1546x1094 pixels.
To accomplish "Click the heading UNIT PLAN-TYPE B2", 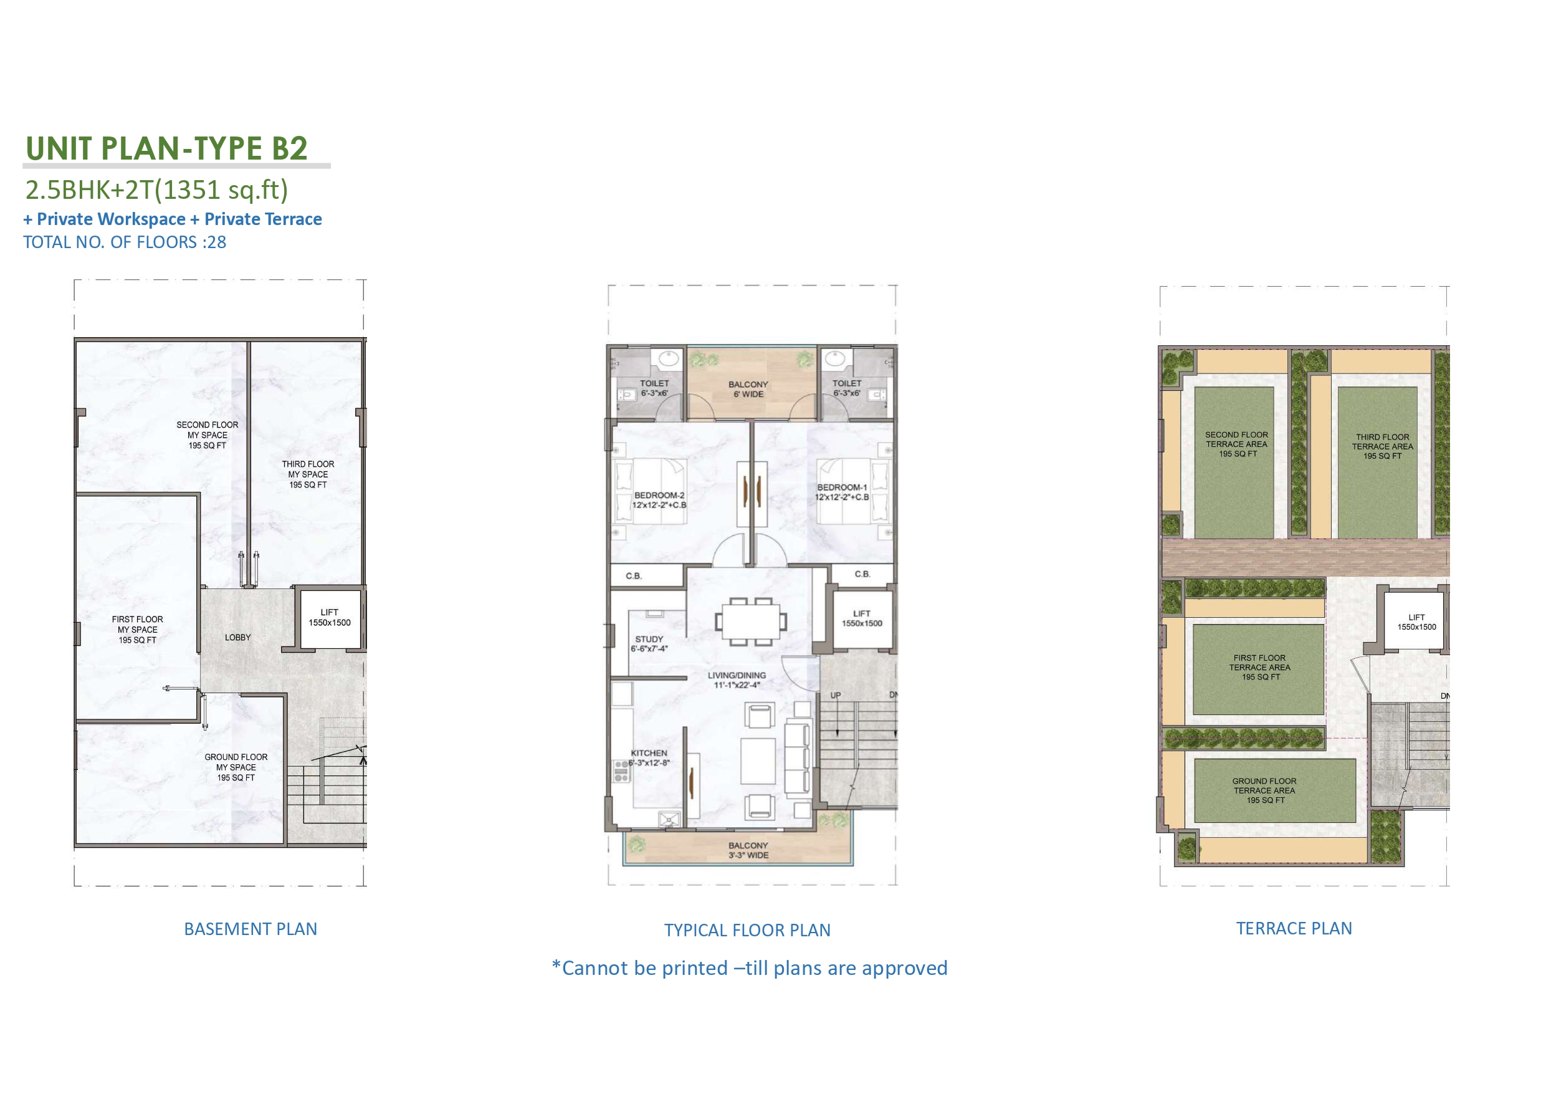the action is tap(166, 148).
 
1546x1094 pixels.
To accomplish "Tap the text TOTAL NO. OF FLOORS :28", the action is tap(125, 242).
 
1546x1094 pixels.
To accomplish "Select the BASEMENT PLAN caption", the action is tap(251, 929).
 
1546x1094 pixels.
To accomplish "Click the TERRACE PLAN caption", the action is tap(1294, 928).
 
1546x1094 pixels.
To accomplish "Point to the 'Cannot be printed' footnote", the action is tap(750, 968).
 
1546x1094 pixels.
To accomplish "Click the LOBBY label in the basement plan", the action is tap(237, 637).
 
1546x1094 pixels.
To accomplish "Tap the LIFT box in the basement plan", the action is tap(330, 618).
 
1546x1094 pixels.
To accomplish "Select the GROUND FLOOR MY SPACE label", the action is tap(236, 767).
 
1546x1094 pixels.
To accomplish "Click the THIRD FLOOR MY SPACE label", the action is tap(308, 474).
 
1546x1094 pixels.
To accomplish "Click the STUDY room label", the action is tap(649, 644).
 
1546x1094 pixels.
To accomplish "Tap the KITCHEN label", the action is tap(649, 758).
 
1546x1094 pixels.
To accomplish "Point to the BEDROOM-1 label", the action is tap(842, 492).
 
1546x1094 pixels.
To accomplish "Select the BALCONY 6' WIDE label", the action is tap(748, 390).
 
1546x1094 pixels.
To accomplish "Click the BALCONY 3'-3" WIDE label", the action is tap(748, 850).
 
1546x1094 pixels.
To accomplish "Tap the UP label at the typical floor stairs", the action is tap(836, 695).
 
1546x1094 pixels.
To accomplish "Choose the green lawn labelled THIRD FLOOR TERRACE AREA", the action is tap(1378, 462).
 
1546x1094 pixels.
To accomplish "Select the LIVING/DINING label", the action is tap(737, 679).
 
